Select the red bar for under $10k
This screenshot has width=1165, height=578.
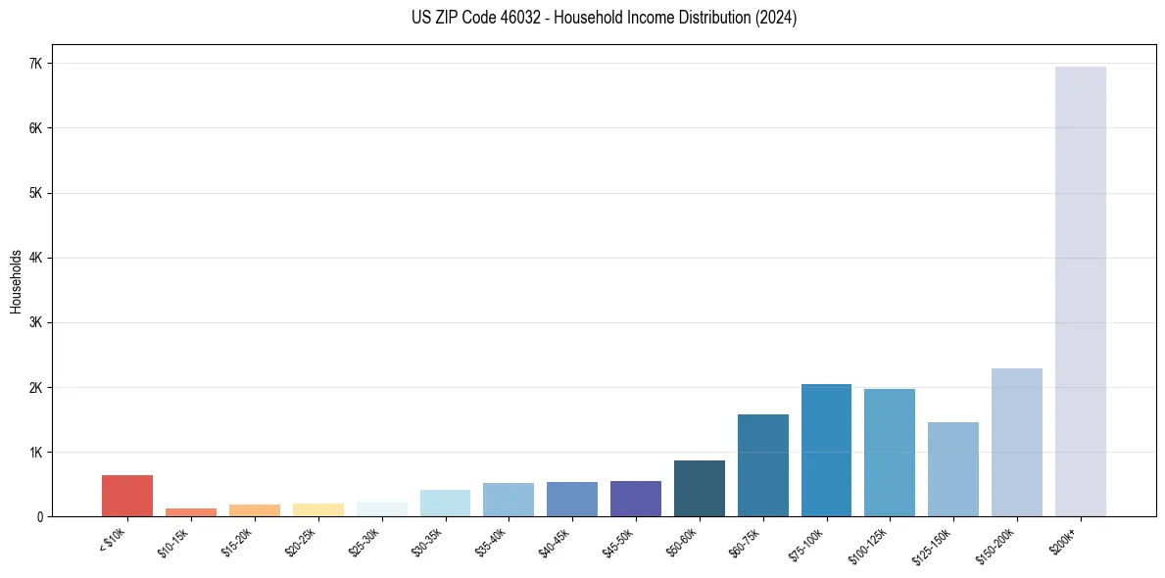click(127, 496)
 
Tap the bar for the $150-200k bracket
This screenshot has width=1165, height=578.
click(1016, 443)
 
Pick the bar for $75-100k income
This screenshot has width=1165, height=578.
click(826, 451)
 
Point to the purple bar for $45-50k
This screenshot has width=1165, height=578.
click(635, 499)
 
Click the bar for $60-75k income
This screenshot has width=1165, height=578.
click(762, 465)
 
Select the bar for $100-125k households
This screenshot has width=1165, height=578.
click(890, 453)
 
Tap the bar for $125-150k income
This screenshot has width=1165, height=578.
click(952, 469)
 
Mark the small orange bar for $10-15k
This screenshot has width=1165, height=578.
click(191, 512)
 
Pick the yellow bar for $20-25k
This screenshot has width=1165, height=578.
click(317, 510)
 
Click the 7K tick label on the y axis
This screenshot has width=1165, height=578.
click(35, 64)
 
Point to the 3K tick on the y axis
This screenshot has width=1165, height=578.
click(35, 323)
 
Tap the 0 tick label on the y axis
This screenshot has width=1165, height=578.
click(40, 517)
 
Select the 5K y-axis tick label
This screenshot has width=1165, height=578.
click(35, 193)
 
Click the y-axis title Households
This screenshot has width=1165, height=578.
click(16, 280)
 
